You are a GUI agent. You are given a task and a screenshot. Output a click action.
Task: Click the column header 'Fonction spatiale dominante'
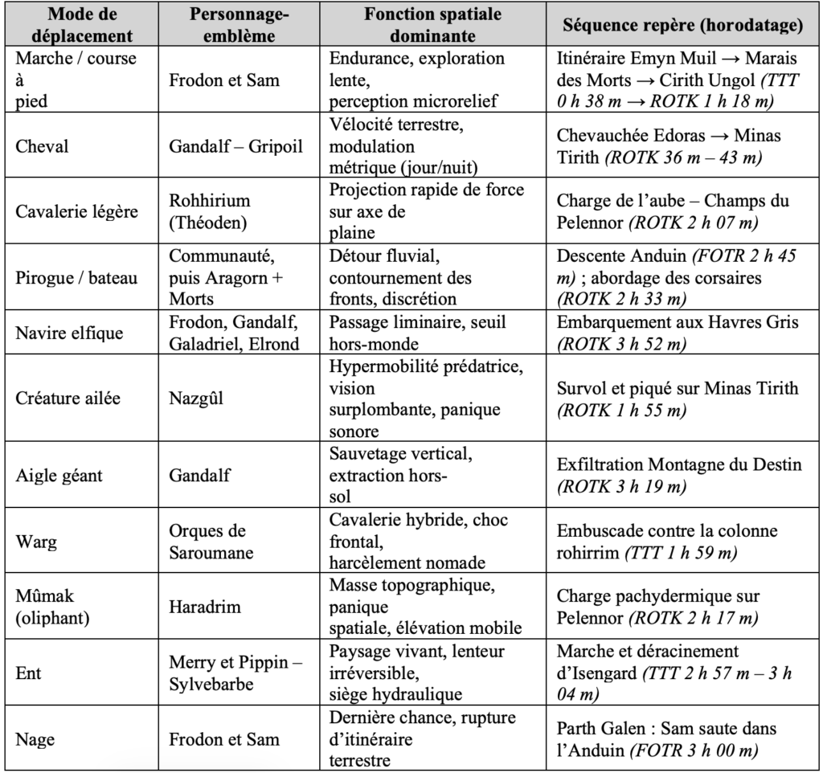[x=432, y=25]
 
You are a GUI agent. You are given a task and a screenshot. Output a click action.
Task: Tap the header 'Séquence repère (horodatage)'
[x=682, y=25]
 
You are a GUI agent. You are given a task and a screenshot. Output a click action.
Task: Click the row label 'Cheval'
[x=42, y=147]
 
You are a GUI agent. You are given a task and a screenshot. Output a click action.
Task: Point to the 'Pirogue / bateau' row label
[x=77, y=278]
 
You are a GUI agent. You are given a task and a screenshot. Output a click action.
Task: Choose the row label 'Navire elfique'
[x=70, y=333]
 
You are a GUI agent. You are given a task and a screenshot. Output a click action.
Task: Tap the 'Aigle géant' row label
[x=59, y=475]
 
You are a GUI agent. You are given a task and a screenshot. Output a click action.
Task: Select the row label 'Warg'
[x=37, y=542]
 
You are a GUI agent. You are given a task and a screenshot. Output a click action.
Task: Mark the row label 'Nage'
[x=36, y=738]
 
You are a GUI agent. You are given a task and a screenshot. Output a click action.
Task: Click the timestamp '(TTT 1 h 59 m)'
[x=679, y=552]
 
